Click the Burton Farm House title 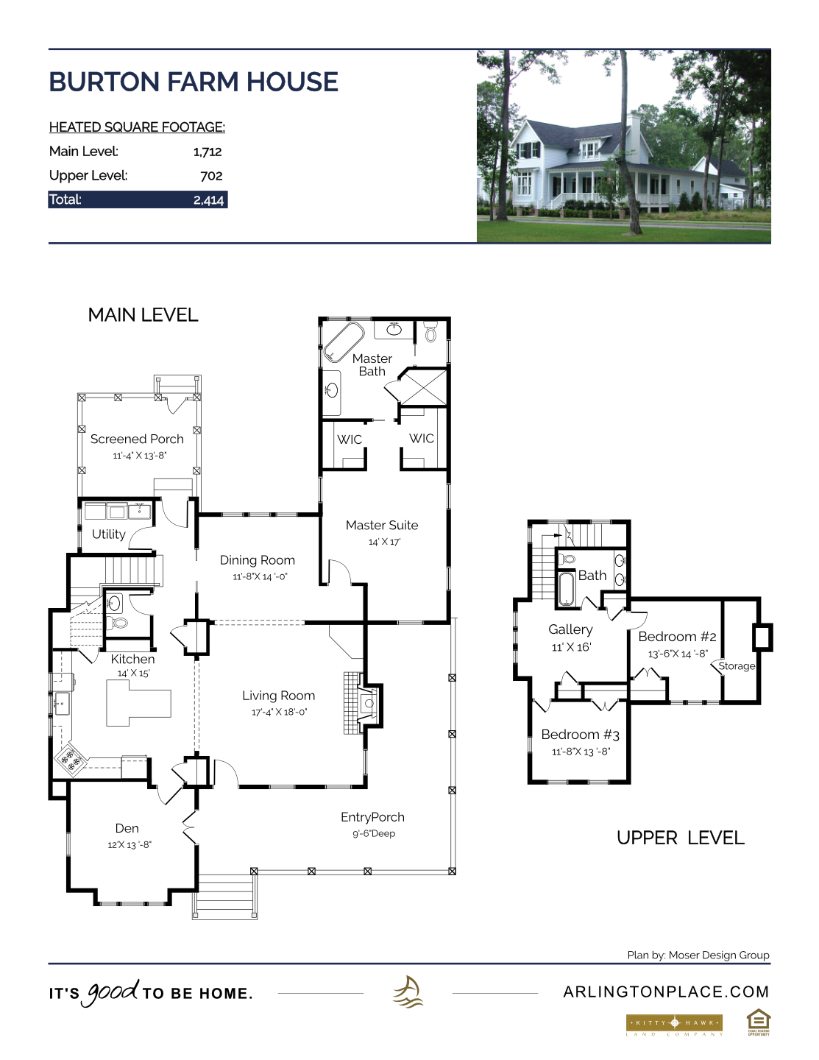pyautogui.click(x=194, y=82)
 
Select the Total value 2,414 pyautogui.click(x=209, y=200)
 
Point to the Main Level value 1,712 pyautogui.click(x=208, y=152)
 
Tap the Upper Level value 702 pyautogui.click(x=212, y=176)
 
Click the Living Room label pyautogui.click(x=278, y=696)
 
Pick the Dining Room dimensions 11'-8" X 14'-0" pyautogui.click(x=260, y=576)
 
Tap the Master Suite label pyautogui.click(x=382, y=526)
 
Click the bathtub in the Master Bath pyautogui.click(x=344, y=342)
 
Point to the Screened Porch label pyautogui.click(x=137, y=439)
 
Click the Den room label pyautogui.click(x=127, y=828)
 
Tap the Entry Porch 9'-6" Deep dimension pyautogui.click(x=374, y=834)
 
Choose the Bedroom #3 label pyautogui.click(x=580, y=735)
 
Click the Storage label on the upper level pyautogui.click(x=737, y=666)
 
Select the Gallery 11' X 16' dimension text pyautogui.click(x=571, y=647)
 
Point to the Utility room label pyautogui.click(x=109, y=534)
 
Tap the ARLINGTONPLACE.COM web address pyautogui.click(x=666, y=992)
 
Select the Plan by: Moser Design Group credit pyautogui.click(x=698, y=955)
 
